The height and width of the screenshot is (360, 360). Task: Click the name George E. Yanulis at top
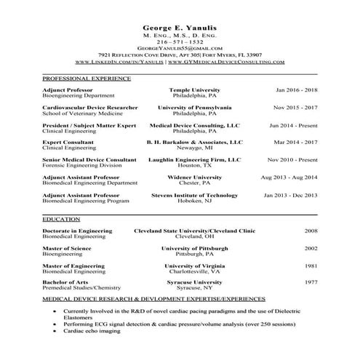pyautogui.click(x=180, y=27)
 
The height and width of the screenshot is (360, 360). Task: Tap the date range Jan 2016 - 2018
pyautogui.click(x=296, y=89)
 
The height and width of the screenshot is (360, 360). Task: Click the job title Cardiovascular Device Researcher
pyautogui.click(x=89, y=108)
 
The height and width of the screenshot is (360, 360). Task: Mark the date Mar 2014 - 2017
pyautogui.click(x=296, y=143)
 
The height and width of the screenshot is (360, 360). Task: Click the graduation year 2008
pyautogui.click(x=311, y=231)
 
